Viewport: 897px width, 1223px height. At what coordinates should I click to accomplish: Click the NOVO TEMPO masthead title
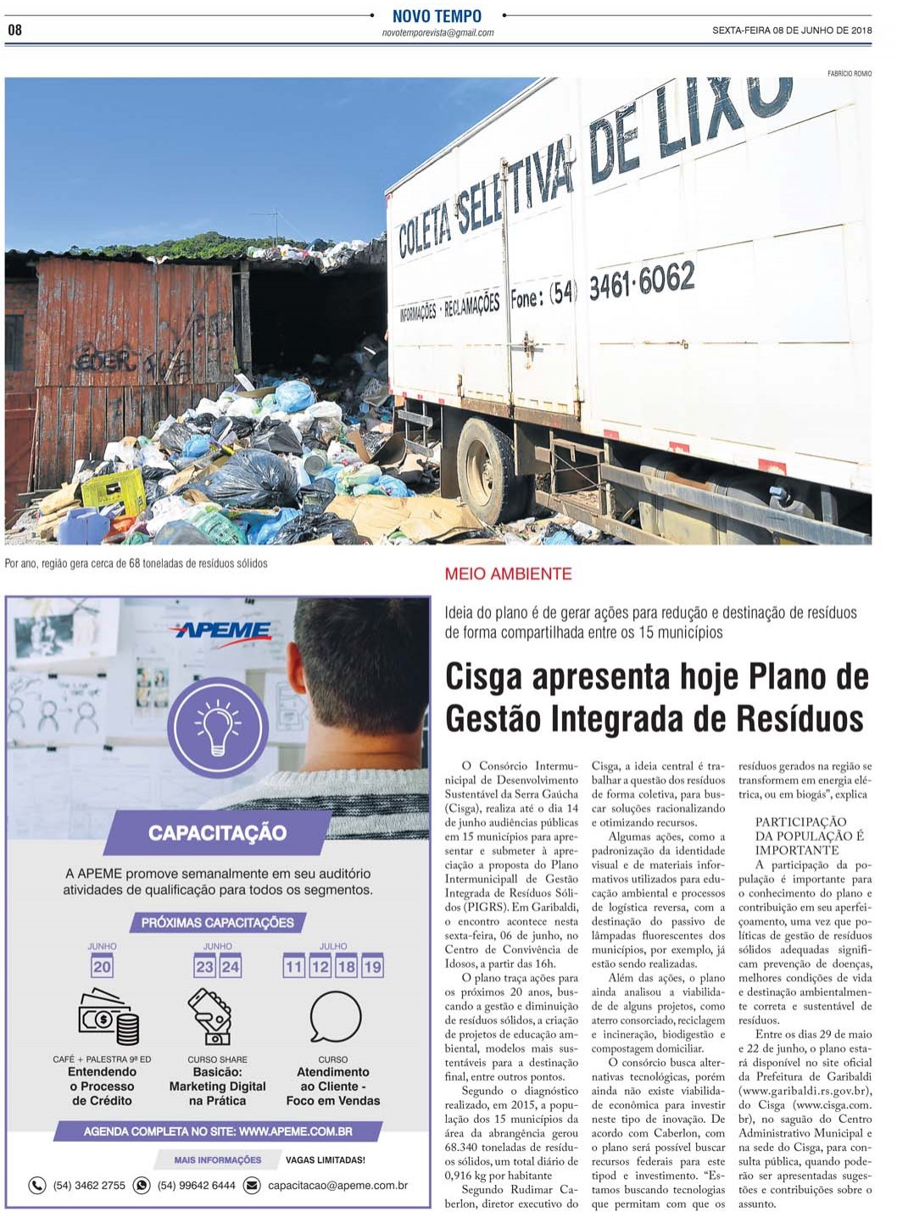(437, 16)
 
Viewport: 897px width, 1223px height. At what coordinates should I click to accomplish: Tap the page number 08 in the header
(14, 31)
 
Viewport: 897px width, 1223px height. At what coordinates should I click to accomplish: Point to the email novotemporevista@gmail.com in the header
(437, 33)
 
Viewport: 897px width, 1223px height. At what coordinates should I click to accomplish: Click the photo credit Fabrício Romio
(849, 74)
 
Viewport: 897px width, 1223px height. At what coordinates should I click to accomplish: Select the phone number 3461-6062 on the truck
(641, 281)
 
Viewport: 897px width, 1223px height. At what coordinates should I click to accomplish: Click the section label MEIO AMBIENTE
(508, 574)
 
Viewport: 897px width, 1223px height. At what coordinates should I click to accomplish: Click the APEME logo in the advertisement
(220, 631)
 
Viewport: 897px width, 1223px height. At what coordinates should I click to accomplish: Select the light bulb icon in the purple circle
(217, 727)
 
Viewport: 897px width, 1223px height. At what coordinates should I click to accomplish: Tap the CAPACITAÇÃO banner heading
(217, 833)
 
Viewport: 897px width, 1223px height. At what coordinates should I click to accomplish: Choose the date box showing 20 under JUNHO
(102, 967)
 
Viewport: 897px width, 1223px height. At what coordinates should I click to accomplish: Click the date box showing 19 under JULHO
(372, 967)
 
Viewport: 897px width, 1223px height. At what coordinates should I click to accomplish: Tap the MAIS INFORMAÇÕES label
(218, 1159)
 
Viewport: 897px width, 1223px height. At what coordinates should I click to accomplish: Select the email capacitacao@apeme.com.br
(337, 1186)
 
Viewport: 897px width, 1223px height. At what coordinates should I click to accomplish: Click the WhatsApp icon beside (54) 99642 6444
(142, 1186)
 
